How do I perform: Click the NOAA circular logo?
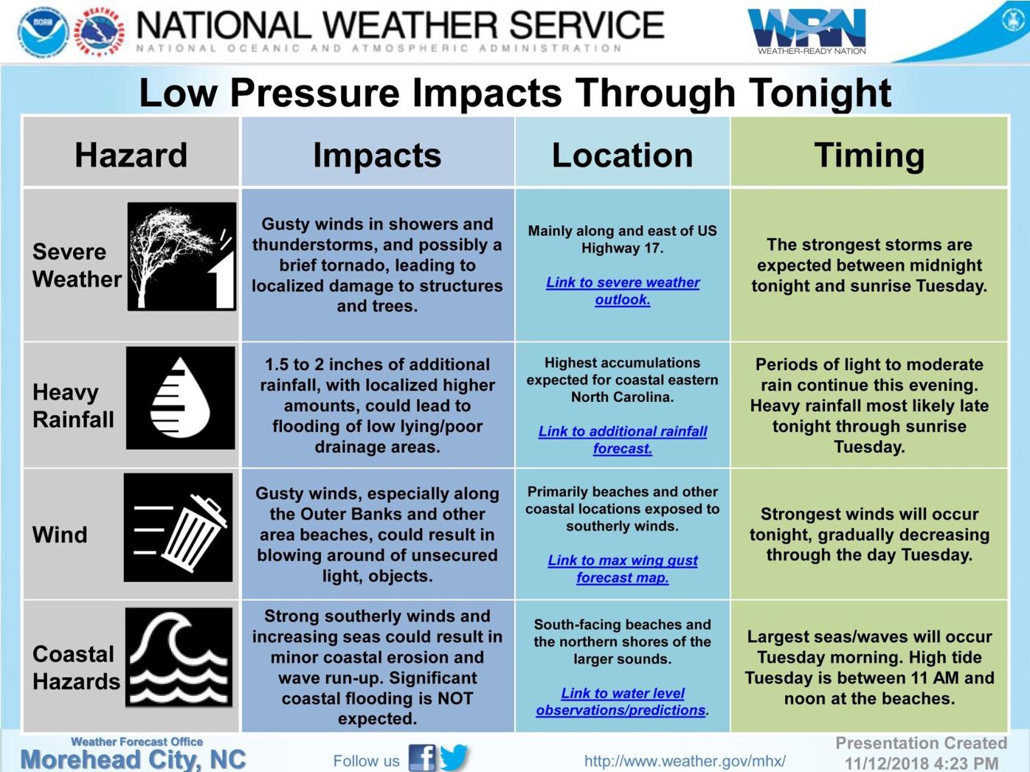(43, 32)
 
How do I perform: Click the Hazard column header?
(131, 155)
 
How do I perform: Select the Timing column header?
(869, 155)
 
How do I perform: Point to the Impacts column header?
(377, 155)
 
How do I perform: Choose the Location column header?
(622, 155)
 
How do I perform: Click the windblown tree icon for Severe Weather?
(182, 257)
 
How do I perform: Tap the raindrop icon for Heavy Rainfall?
(180, 398)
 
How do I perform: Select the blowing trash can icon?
(179, 528)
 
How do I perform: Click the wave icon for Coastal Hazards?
(179, 657)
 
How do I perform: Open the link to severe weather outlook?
(623, 291)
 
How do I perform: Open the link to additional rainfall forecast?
(623, 439)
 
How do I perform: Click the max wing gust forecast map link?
(623, 568)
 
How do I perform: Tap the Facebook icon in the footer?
(421, 758)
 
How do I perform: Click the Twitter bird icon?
(455, 757)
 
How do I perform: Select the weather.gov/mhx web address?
(685, 760)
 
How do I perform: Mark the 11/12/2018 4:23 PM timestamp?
(922, 762)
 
